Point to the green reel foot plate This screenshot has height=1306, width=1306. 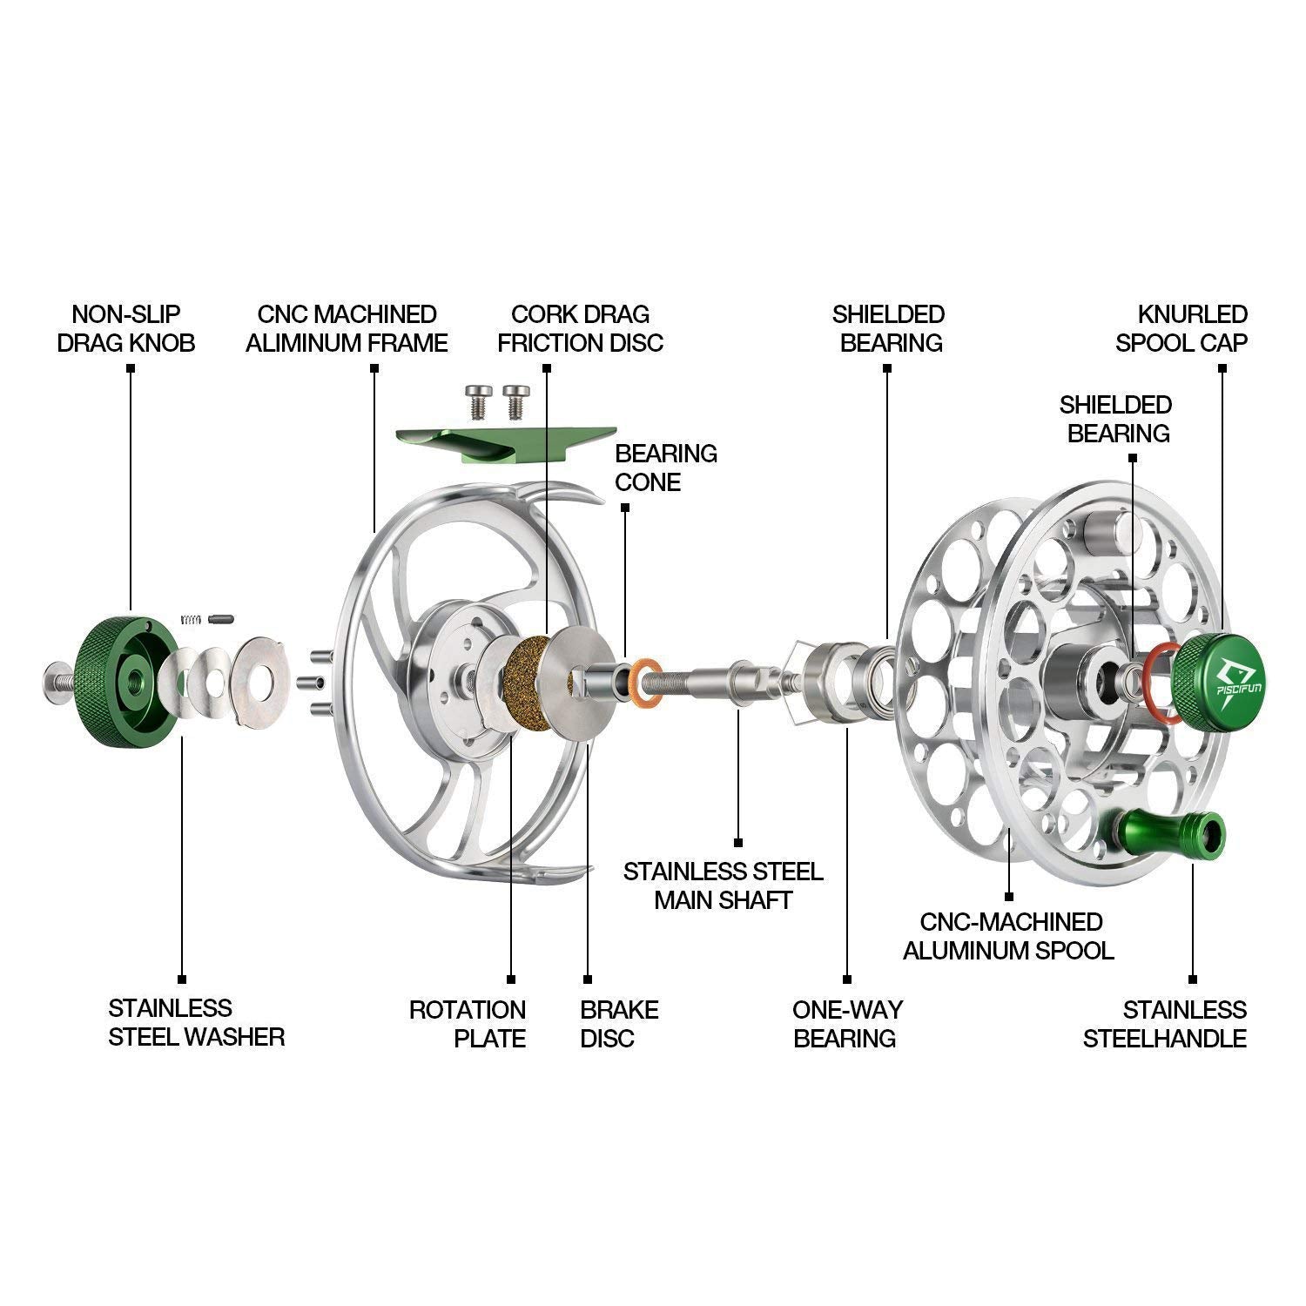(502, 443)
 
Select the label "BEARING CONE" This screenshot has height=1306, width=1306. (665, 468)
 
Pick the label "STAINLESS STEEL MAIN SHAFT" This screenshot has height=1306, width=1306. (724, 885)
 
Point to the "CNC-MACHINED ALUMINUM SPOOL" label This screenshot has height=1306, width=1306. (1008, 935)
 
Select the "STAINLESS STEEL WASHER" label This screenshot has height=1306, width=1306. (197, 1022)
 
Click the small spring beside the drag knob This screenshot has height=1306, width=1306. (192, 619)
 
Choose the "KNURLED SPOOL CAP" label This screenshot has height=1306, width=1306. (1181, 328)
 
